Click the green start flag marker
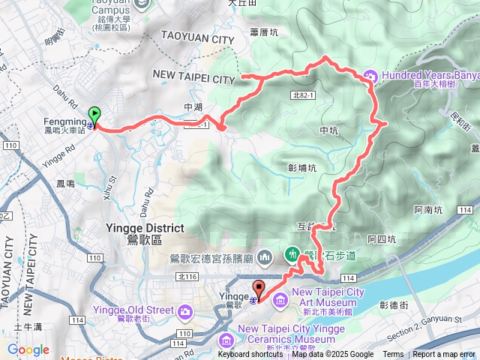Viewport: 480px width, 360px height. click(x=94, y=115)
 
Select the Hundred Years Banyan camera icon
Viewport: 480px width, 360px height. click(x=369, y=75)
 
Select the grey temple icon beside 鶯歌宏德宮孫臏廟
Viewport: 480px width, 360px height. click(x=264, y=259)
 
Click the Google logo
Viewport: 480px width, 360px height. click(x=28, y=349)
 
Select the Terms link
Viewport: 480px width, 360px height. click(x=393, y=355)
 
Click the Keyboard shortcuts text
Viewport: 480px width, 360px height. click(x=250, y=355)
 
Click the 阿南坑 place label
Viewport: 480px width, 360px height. click(x=428, y=211)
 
